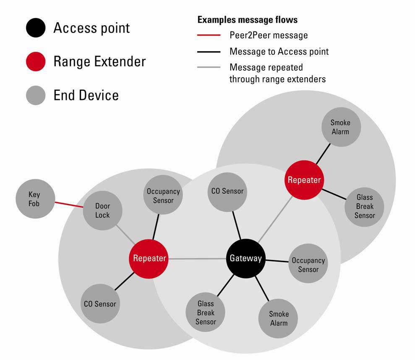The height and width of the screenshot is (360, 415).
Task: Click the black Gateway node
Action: pos(245,258)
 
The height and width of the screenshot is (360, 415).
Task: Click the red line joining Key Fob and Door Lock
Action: pos(69,204)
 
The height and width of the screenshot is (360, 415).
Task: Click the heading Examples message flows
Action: pos(248,20)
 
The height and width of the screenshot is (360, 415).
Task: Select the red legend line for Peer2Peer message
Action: pos(209,35)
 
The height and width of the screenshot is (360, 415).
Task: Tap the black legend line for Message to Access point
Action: pos(209,52)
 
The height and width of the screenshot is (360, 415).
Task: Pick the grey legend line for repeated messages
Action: pos(209,67)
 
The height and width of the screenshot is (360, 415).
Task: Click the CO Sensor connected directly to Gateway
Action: pos(227,192)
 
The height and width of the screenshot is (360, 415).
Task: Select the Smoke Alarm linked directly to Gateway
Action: pos(279,318)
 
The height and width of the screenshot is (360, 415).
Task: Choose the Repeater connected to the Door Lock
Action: pos(149,258)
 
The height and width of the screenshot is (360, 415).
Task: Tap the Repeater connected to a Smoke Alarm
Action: pos(304,180)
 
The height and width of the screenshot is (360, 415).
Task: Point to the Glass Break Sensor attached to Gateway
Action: pos(206,313)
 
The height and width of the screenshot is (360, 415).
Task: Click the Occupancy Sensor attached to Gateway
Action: pos(308,265)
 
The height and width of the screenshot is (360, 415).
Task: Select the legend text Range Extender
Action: pos(99,62)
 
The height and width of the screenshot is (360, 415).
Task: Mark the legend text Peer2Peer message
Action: pos(269,35)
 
